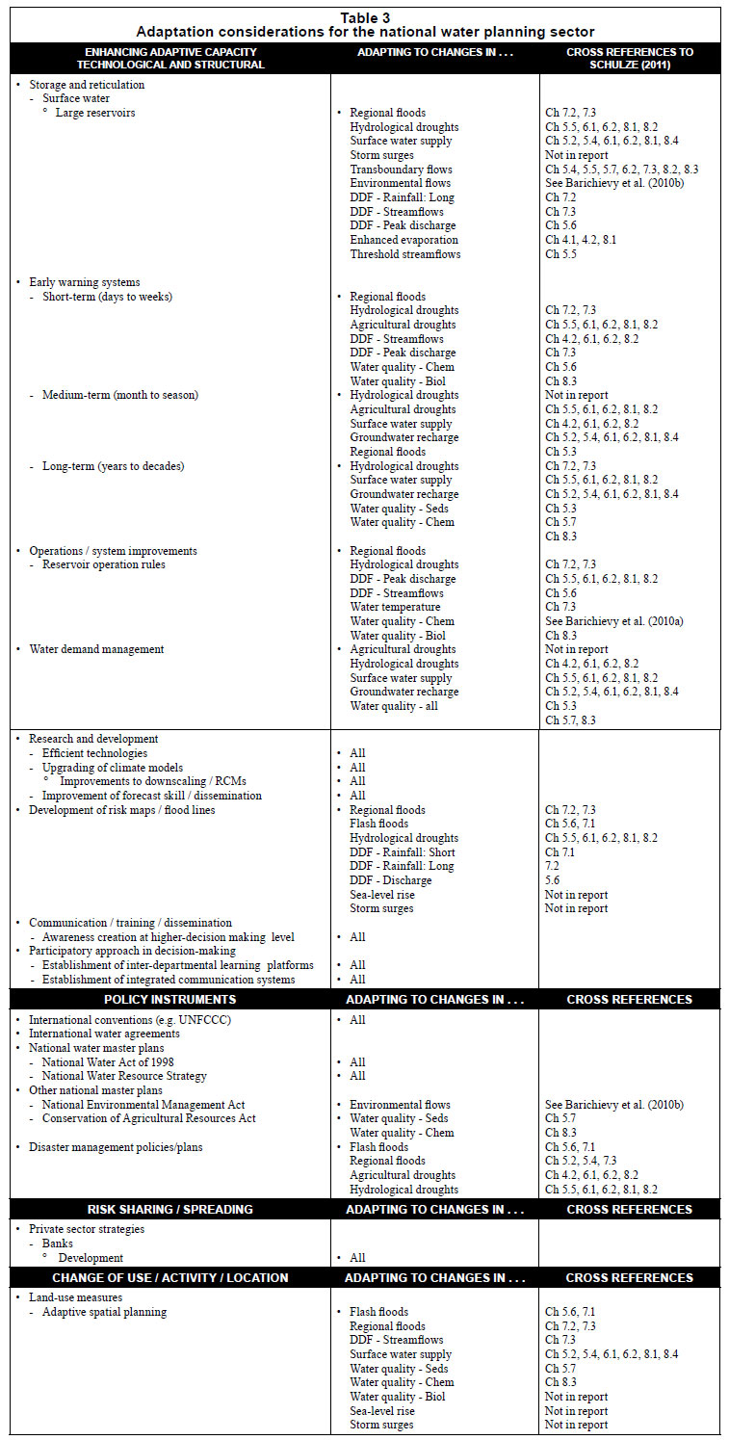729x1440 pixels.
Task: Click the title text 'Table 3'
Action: pyautogui.click(x=365, y=16)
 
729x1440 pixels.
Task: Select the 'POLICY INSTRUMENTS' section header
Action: pyautogui.click(x=169, y=999)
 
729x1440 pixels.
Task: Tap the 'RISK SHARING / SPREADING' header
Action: pyautogui.click(x=169, y=1209)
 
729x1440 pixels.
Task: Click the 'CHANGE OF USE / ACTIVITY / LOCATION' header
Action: pyautogui.click(x=169, y=1277)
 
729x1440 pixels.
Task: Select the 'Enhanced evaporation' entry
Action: pyautogui.click(x=404, y=240)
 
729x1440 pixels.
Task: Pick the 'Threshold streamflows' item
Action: pyautogui.click(x=404, y=254)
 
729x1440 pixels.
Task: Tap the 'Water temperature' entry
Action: pyautogui.click(x=395, y=607)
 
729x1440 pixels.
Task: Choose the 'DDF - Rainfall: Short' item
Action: pyautogui.click(x=403, y=852)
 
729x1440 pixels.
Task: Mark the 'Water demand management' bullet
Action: pyautogui.click(x=96, y=649)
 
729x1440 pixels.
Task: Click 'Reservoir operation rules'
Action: pyautogui.click(x=104, y=564)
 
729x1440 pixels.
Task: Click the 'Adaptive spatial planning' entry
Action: pyautogui.click(x=104, y=1312)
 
